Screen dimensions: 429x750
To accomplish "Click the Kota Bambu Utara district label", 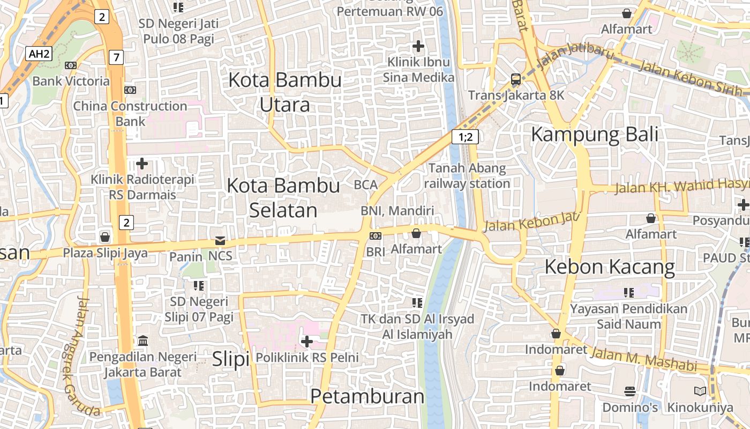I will click(x=284, y=92).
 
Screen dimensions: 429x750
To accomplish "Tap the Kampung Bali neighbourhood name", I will click(x=594, y=134).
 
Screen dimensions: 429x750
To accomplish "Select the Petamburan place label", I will click(x=367, y=396).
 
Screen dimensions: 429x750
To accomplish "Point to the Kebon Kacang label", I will click(x=610, y=267).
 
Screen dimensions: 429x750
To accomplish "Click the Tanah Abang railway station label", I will click(x=467, y=176).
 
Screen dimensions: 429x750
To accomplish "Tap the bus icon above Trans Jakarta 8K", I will click(x=515, y=79).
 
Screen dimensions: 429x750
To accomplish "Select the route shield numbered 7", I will click(x=116, y=57).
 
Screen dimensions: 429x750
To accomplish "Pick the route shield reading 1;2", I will click(x=464, y=137).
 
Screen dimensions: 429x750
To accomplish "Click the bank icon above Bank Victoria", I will click(x=70, y=65).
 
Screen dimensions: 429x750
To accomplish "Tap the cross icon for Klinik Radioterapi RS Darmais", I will click(x=142, y=163).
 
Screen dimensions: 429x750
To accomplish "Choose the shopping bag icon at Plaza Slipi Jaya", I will click(x=105, y=236).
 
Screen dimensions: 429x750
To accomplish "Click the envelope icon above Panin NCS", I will click(x=220, y=240).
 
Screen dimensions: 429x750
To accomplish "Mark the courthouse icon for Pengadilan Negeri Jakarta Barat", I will click(x=143, y=341).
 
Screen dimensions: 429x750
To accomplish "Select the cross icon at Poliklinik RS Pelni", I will click(x=307, y=341).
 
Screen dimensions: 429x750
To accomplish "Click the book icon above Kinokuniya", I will click(x=700, y=391).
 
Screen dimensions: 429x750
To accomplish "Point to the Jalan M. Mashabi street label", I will click(x=643, y=359).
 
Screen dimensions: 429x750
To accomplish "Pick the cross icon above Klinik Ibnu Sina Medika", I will click(x=418, y=46).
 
